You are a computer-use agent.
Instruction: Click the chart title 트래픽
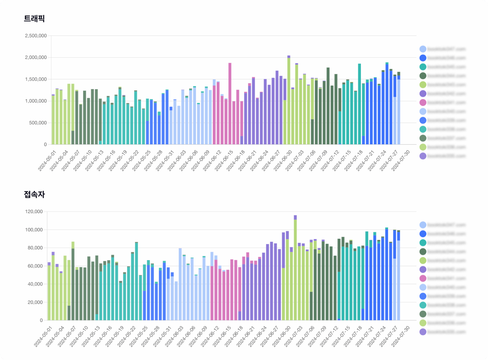pyautogui.click(x=34, y=18)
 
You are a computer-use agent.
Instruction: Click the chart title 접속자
pyautogui.click(x=34, y=194)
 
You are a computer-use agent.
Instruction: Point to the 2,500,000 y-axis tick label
pyautogui.click(x=36, y=36)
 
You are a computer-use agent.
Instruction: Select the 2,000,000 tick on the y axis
pyautogui.click(x=36, y=58)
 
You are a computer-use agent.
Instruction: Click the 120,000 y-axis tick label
pyautogui.click(x=34, y=212)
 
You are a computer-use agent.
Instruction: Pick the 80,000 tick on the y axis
pyautogui.click(x=35, y=248)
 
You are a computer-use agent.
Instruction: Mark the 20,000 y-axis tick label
pyautogui.click(x=35, y=302)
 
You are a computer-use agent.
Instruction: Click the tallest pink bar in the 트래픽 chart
pyautogui.click(x=230, y=103)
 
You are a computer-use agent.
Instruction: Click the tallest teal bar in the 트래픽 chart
pyautogui.click(x=359, y=103)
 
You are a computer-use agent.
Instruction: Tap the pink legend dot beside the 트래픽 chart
pyautogui.click(x=423, y=103)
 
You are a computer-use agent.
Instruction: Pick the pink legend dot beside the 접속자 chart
pyautogui.click(x=423, y=278)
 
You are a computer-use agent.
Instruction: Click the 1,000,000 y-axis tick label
pyautogui.click(x=36, y=101)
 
